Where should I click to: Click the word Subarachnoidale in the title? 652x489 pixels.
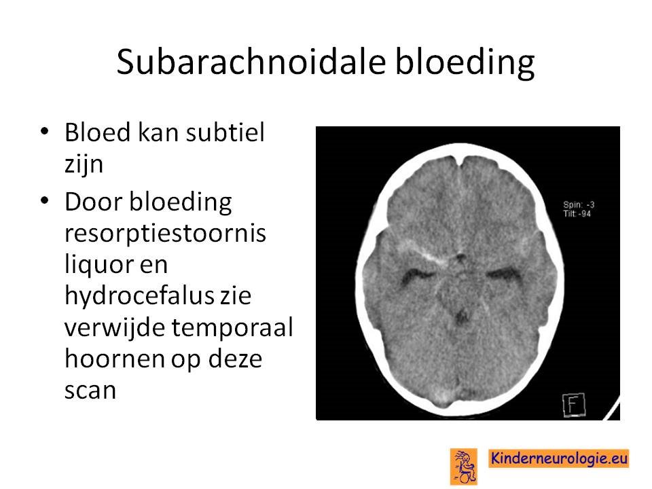251,62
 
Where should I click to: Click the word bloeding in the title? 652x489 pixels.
465,62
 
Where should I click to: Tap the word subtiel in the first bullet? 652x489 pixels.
225,132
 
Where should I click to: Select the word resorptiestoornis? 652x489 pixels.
165,233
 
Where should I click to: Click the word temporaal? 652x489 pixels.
232,327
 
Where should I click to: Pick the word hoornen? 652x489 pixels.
114,358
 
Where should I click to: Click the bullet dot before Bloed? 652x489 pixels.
45,132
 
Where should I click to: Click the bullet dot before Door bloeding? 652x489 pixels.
45,201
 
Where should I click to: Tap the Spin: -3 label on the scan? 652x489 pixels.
579,204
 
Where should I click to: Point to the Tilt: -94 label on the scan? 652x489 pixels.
577,214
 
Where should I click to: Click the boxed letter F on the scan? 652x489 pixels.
573,405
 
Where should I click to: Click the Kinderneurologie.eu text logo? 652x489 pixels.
558,458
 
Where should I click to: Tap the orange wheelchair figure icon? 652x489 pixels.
464,467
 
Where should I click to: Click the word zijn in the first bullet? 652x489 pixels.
84,164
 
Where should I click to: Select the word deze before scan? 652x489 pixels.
235,359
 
